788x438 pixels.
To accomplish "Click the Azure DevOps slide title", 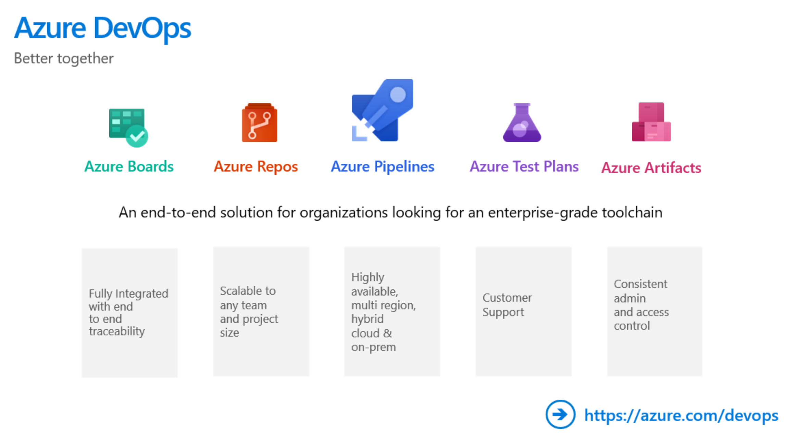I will (102, 28).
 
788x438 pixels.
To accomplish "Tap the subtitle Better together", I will (64, 58).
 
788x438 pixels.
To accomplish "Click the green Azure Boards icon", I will (128, 127).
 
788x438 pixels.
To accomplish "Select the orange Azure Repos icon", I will (259, 123).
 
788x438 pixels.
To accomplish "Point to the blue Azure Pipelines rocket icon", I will (383, 110).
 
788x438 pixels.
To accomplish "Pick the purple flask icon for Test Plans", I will (522, 123).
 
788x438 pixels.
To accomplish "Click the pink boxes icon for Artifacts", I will (651, 122).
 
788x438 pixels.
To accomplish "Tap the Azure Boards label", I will (129, 166).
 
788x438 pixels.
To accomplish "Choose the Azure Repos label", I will (256, 166).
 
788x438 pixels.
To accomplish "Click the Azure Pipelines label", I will (383, 166).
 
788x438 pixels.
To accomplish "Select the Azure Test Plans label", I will (524, 166).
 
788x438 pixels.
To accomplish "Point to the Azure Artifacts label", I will (651, 168).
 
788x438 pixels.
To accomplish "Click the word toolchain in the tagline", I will (632, 212).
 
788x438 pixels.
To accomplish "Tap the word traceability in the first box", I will (117, 331).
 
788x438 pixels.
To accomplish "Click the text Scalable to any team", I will (248, 298).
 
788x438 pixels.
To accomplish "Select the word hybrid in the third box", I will (367, 319).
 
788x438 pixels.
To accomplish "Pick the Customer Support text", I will (507, 305).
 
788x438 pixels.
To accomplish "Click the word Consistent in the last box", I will (640, 284).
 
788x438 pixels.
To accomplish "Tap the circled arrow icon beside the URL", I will (560, 414).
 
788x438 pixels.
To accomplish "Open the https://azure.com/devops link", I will (681, 415).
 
